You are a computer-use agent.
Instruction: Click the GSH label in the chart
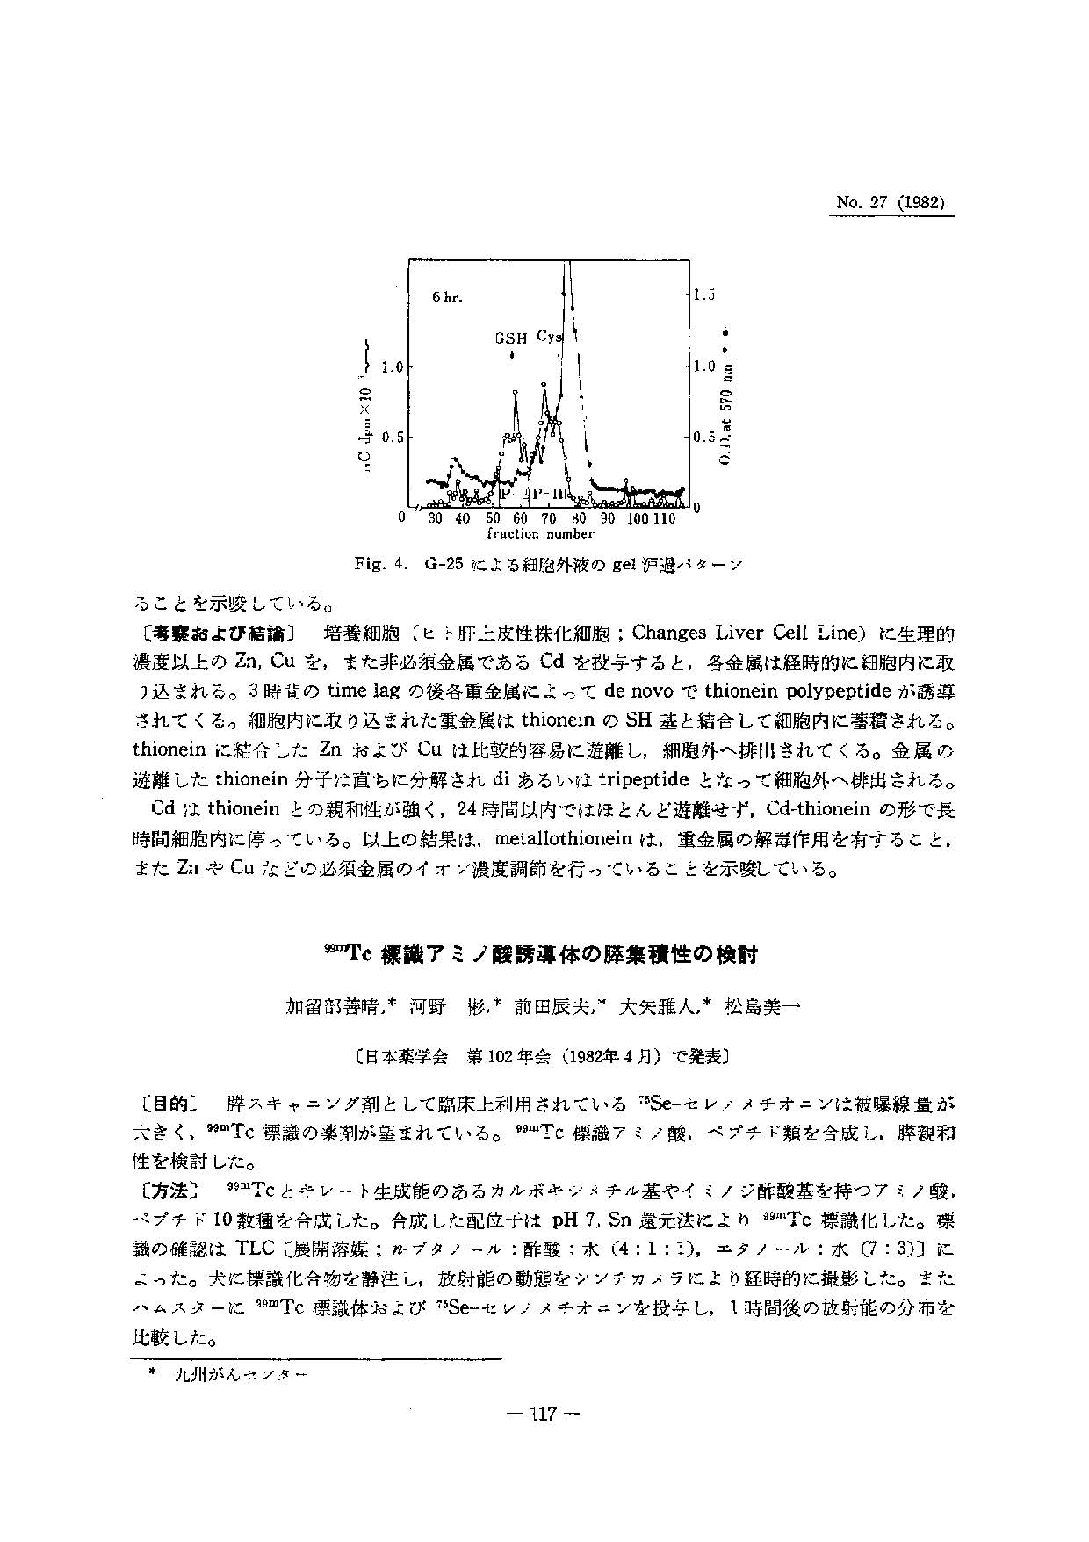[511, 337]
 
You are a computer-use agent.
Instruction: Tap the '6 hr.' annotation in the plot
[447, 297]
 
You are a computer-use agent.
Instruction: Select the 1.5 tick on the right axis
[704, 295]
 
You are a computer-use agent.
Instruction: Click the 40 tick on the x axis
[464, 519]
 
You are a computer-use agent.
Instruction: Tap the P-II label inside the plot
[551, 494]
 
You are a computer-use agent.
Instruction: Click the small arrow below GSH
[511, 355]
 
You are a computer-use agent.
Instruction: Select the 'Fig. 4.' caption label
[381, 562]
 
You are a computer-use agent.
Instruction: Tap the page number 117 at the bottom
[544, 1414]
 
